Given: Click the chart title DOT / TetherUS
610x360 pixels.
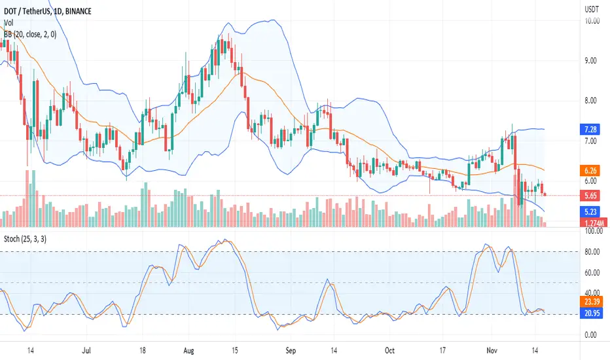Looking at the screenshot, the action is tap(27, 11).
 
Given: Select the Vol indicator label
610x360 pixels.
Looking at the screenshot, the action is tap(8, 23).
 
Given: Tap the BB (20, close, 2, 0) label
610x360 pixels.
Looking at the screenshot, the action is tap(30, 35).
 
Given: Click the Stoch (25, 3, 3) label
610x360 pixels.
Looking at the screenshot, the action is tap(25, 238).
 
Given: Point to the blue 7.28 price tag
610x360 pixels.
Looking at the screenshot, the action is tap(590, 129).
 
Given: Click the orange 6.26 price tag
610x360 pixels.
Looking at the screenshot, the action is tap(590, 170).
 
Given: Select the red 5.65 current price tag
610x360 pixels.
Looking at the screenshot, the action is tap(590, 195).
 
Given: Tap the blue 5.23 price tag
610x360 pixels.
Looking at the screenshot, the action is tap(590, 211).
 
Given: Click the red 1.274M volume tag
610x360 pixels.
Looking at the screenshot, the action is tap(594, 223).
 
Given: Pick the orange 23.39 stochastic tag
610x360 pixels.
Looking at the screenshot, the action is tap(592, 302).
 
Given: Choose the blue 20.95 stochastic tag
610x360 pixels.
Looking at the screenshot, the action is tap(592, 313).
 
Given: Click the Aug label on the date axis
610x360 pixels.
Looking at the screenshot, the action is tap(188, 351).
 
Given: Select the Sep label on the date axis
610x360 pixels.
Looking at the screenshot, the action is tap(291, 351).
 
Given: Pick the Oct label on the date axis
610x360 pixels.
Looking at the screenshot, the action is tap(389, 351).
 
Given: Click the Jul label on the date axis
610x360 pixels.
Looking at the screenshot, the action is tap(86, 351).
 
